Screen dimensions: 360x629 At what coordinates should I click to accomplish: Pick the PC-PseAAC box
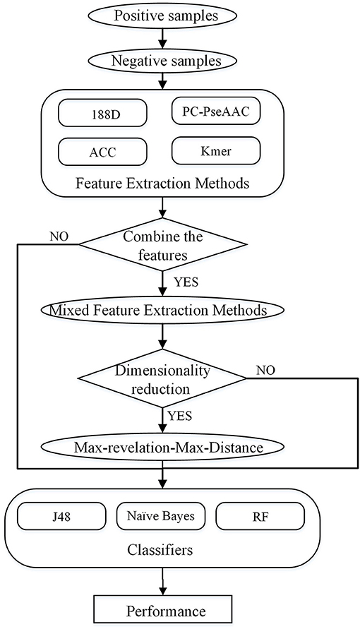[x=216, y=111]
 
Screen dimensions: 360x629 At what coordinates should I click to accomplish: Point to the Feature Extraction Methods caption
[x=162, y=184]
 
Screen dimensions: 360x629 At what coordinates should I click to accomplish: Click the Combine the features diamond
[x=162, y=245]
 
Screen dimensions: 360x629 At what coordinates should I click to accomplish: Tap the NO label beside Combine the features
[x=59, y=236]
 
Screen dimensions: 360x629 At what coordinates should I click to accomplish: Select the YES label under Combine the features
[x=186, y=282]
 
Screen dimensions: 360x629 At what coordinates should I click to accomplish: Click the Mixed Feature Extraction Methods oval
[x=162, y=311]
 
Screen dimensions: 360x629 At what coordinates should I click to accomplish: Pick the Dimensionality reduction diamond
[x=162, y=378]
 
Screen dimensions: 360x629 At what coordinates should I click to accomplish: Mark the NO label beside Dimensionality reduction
[x=265, y=369]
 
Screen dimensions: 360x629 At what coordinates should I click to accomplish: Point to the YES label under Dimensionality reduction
[x=179, y=416]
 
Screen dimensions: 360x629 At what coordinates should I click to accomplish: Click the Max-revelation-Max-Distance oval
[x=162, y=447]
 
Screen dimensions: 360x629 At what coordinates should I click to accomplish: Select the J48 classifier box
[x=62, y=516]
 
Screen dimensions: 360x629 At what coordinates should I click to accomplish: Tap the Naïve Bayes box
[x=161, y=515]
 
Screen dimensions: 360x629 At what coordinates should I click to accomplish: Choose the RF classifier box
[x=260, y=516]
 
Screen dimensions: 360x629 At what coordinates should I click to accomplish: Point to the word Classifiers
[x=160, y=549]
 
